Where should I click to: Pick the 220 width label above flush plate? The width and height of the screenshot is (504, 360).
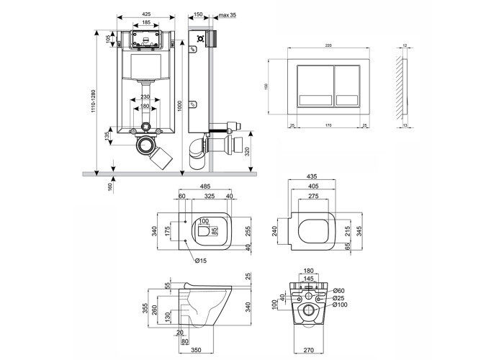tap(329, 45)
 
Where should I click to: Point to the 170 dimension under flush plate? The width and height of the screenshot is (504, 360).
tap(329, 127)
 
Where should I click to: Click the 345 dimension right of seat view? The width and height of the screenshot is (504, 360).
tap(358, 233)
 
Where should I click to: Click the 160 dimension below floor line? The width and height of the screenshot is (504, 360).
tap(109, 188)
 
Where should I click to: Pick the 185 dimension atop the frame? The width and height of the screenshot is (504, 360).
tap(146, 22)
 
